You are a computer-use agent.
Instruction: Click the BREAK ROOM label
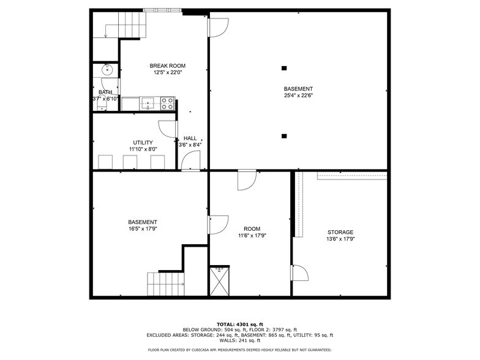click(x=168, y=66)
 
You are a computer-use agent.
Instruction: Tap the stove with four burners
click(x=167, y=103)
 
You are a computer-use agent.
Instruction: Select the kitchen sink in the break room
click(x=149, y=103)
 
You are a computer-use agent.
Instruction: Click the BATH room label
click(x=105, y=92)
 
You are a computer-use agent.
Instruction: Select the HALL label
click(x=190, y=138)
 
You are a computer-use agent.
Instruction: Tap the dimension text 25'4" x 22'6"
click(x=298, y=96)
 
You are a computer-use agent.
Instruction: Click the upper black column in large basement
click(x=284, y=68)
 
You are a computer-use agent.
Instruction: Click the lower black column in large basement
click(x=284, y=136)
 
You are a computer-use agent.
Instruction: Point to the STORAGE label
click(x=340, y=232)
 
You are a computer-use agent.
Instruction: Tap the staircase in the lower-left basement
click(x=166, y=284)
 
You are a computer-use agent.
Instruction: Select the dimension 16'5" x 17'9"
click(x=143, y=229)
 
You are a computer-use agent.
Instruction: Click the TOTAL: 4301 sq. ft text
click(x=239, y=324)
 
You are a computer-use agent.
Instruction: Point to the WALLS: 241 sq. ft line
click(x=239, y=340)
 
